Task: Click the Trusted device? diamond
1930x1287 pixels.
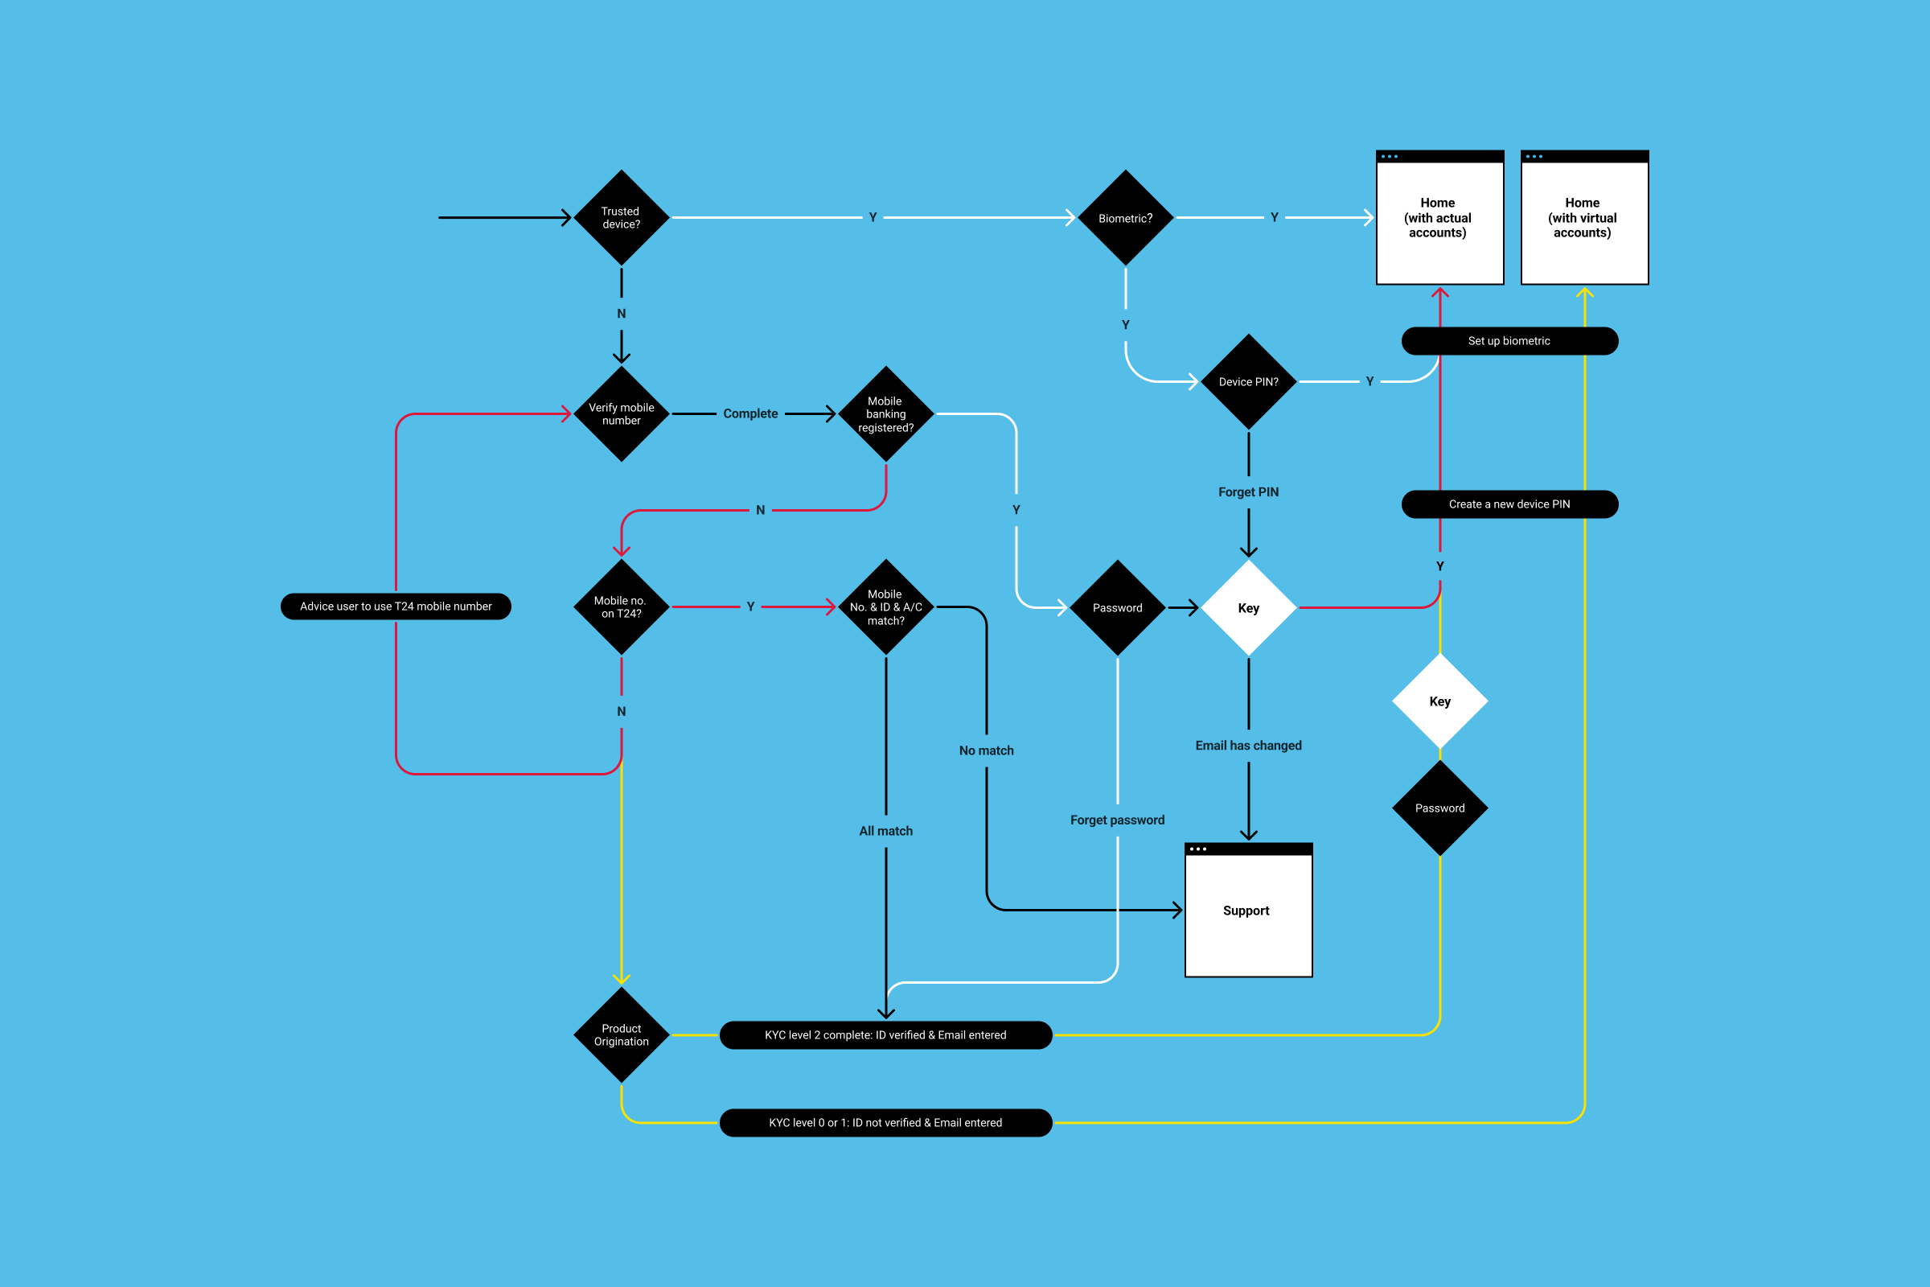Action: click(x=621, y=217)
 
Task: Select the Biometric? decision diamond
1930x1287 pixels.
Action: click(x=1125, y=217)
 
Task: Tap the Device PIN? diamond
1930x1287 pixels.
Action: click(x=1248, y=381)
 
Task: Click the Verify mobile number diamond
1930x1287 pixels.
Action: click(x=621, y=413)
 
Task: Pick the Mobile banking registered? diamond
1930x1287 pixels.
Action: click(x=885, y=413)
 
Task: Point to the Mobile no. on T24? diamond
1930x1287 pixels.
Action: click(x=621, y=606)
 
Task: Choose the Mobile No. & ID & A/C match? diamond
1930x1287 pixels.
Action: click(x=885, y=606)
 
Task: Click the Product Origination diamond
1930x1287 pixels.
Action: click(x=621, y=1034)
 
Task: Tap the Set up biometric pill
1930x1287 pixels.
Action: click(x=1509, y=340)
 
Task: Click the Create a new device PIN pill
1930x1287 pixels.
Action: click(x=1509, y=504)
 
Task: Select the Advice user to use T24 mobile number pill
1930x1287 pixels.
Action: click(x=396, y=606)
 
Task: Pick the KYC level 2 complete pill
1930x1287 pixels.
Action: click(x=885, y=1034)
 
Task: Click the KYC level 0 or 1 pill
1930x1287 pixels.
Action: click(x=885, y=1122)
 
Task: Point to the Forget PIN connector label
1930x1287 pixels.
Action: click(x=1248, y=491)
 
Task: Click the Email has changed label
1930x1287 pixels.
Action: click(x=1248, y=746)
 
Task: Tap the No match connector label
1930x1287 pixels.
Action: click(x=986, y=750)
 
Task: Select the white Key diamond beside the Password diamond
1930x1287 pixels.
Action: click(x=1248, y=607)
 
